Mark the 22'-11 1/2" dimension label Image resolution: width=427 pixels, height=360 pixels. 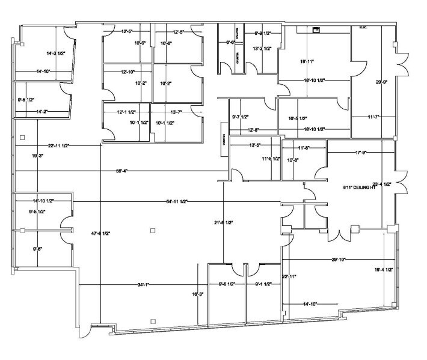click(x=61, y=145)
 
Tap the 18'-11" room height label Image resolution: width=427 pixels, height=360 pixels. click(x=307, y=61)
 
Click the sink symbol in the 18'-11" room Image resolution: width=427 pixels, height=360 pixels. click(x=316, y=29)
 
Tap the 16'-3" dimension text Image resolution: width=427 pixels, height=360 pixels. click(x=197, y=294)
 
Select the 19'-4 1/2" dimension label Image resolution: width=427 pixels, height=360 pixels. click(x=382, y=270)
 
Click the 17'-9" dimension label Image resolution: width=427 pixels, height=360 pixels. click(x=361, y=153)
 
